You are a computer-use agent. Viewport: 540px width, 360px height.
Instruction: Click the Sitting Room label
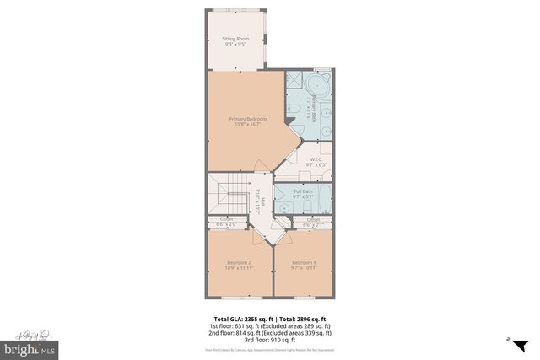coord(235,41)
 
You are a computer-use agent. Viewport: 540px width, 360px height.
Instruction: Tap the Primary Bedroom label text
coord(248,122)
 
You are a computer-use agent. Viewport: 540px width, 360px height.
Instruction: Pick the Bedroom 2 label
coord(239,266)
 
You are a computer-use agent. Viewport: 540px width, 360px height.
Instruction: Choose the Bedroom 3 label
coord(305,266)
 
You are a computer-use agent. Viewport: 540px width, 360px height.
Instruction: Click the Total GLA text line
coord(269,319)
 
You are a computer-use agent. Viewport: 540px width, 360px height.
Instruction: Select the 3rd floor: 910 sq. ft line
coord(269,340)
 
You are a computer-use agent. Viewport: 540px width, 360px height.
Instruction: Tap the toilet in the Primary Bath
coord(290,110)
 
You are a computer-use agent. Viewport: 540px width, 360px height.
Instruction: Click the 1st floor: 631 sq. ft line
coord(269,326)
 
